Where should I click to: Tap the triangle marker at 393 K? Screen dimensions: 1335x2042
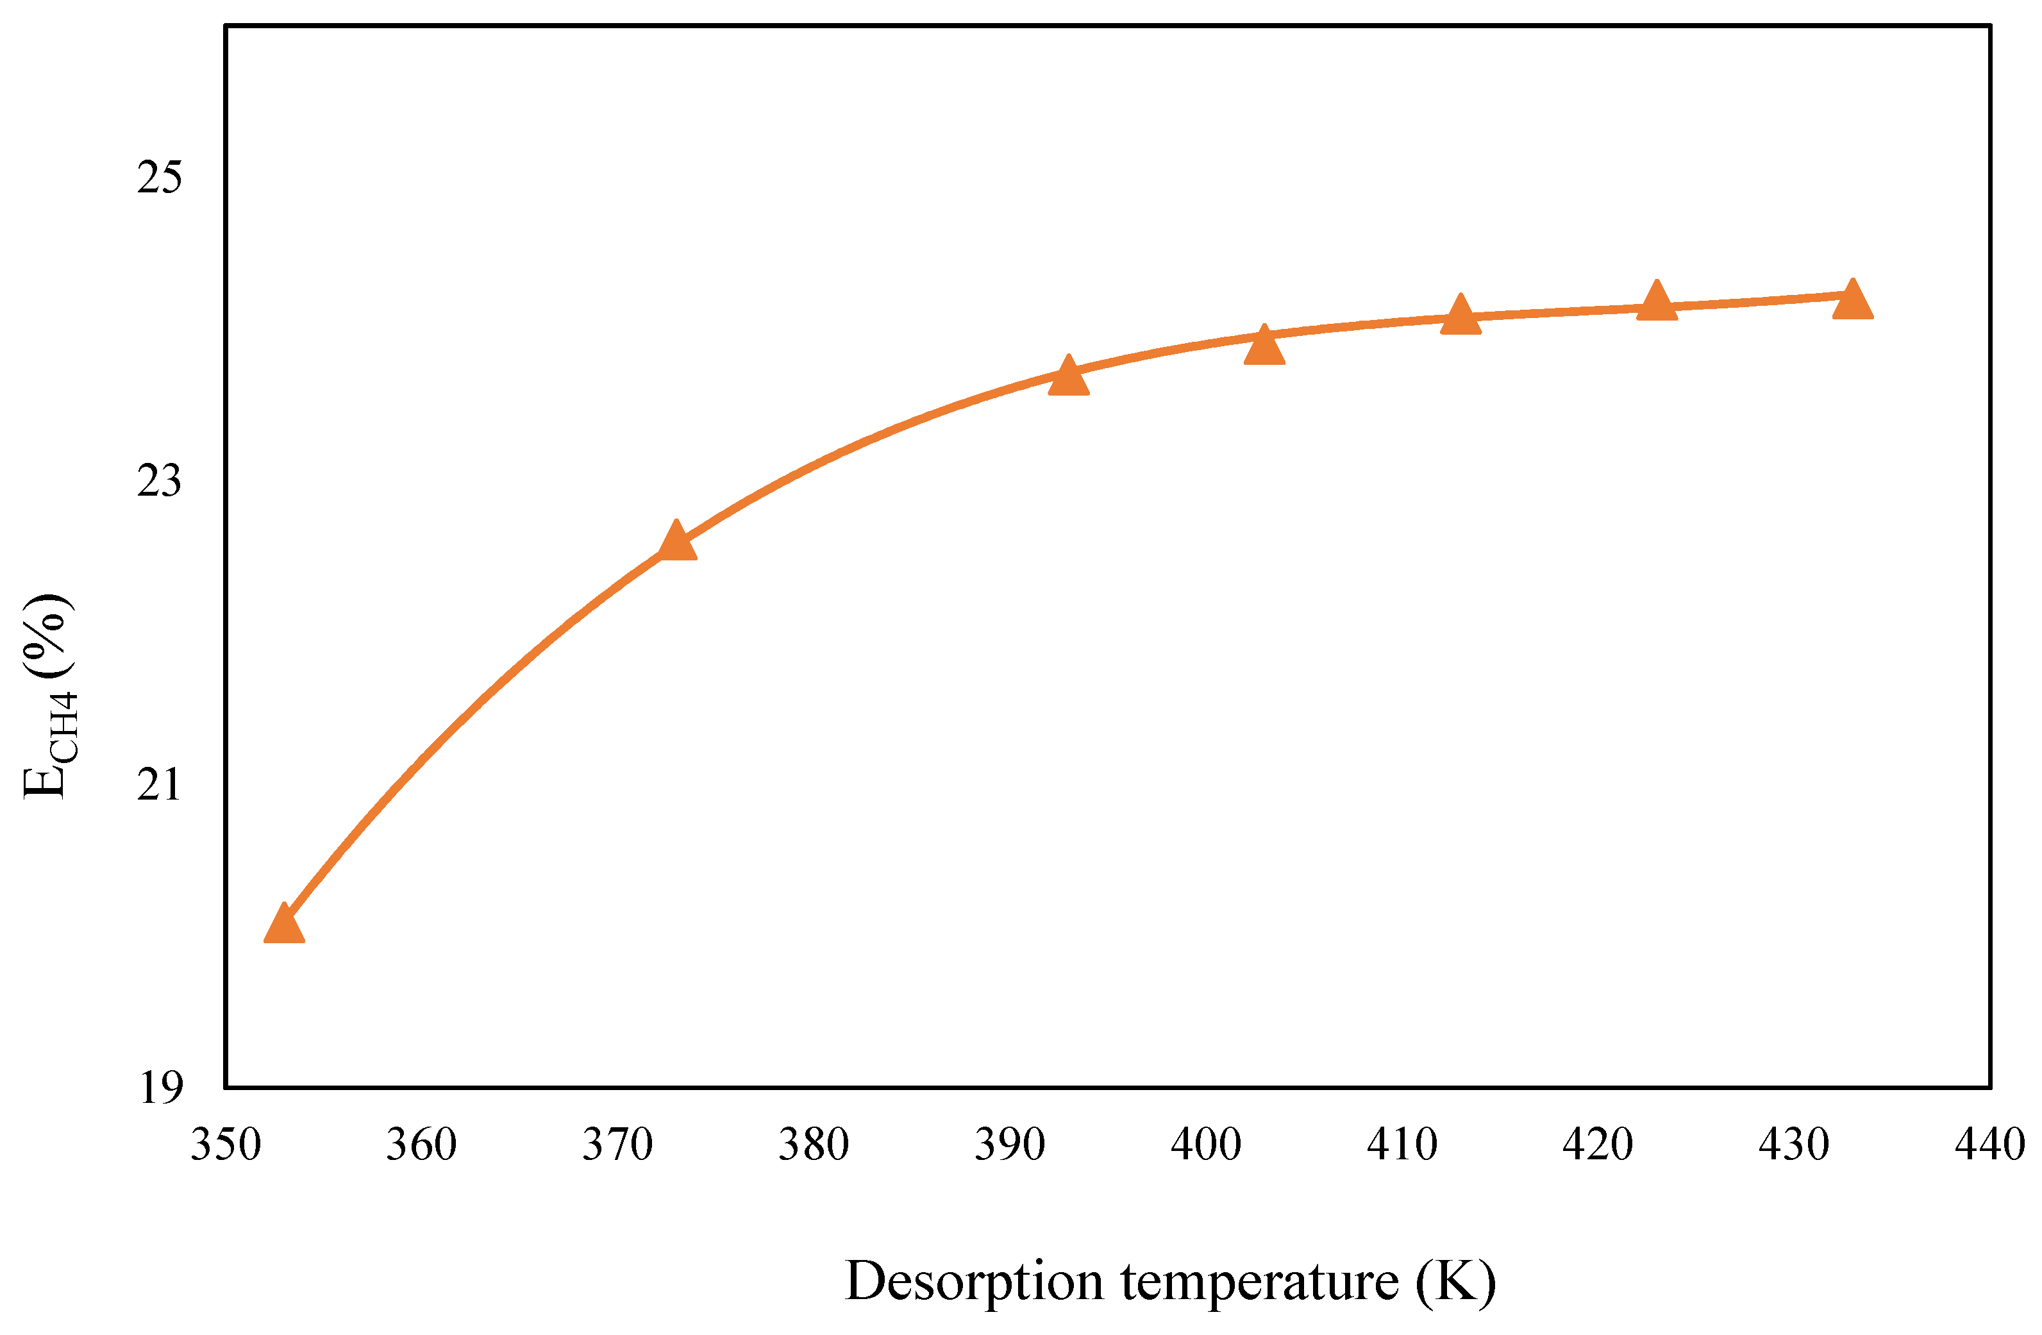pos(1068,378)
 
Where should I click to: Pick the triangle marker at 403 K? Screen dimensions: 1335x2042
pos(1264,348)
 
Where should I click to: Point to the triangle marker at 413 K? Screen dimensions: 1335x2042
pos(1460,315)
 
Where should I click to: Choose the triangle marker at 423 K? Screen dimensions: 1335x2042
pos(1657,303)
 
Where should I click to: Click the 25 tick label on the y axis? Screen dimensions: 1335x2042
pos(160,178)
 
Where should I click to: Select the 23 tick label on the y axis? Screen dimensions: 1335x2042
pos(160,482)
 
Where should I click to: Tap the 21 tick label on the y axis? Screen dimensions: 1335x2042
pos(160,784)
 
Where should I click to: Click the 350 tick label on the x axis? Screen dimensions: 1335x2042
pos(226,1145)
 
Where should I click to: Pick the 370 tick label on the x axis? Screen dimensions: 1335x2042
pos(618,1145)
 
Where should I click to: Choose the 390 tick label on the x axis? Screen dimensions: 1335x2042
pos(1010,1145)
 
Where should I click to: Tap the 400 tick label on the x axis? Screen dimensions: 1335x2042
pos(1205,1145)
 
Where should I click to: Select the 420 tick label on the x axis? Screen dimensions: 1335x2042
pos(1598,1145)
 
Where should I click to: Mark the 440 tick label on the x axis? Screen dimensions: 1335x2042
pos(1989,1145)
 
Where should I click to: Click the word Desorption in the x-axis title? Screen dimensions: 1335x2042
pos(974,1282)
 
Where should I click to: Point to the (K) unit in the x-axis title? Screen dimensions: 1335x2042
pos(1455,1282)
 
